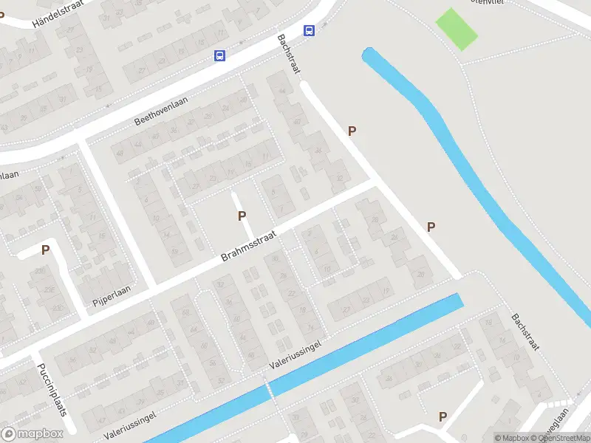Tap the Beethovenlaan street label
tap(161, 111)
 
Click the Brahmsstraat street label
tap(248, 246)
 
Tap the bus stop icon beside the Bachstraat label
tap(309, 30)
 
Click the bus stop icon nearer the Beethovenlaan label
tap(219, 55)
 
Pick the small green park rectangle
tap(457, 28)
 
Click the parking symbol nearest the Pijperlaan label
tap(45, 250)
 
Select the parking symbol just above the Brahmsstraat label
tap(241, 216)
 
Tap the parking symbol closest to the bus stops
tap(352, 131)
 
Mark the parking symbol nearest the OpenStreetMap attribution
tap(443, 416)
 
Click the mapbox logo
tap(32, 434)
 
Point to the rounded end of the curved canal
tap(368, 53)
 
